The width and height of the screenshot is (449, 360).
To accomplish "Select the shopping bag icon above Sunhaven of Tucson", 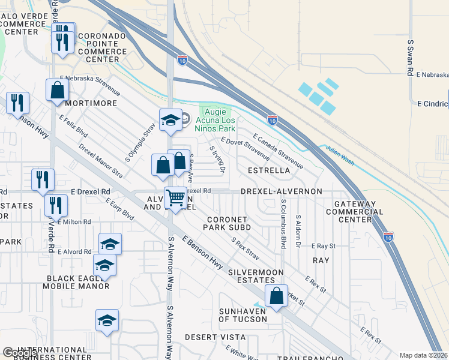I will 276,296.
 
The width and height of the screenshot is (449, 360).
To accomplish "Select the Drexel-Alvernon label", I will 282,191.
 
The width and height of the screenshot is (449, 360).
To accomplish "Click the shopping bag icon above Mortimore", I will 58,91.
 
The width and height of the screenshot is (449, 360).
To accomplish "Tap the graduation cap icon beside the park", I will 170,119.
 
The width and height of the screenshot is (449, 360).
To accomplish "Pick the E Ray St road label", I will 323,246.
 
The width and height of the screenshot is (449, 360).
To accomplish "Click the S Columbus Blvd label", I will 283,225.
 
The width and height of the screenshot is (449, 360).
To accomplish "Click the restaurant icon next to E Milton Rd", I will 56,206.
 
